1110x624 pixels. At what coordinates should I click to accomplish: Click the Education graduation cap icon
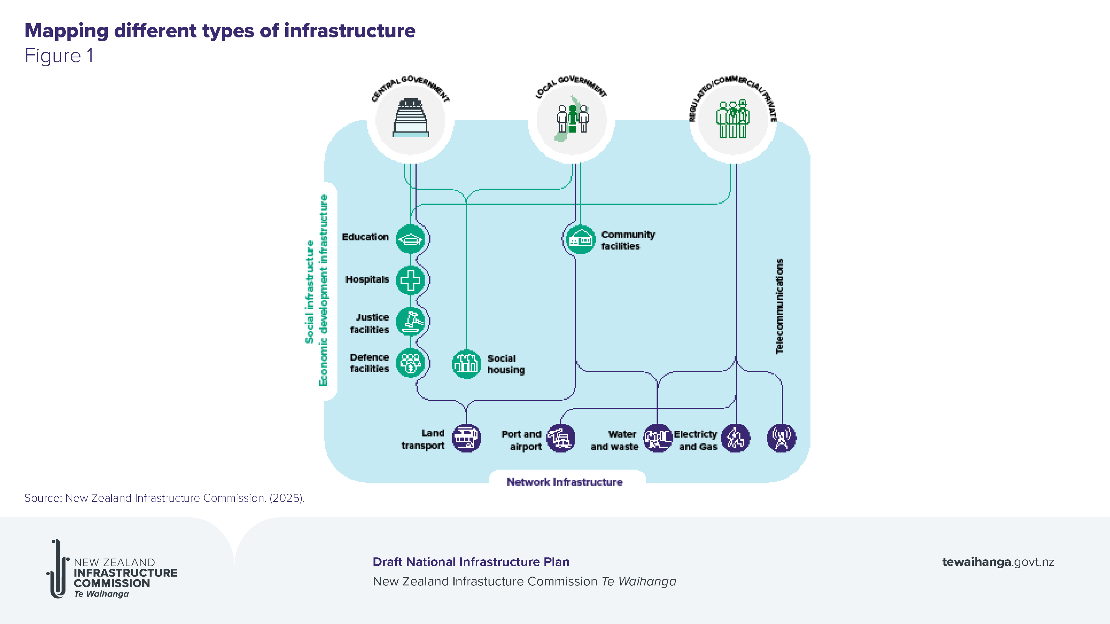[x=410, y=239]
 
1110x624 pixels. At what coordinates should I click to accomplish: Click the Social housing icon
[x=466, y=364]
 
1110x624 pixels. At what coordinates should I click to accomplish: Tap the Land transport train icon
[x=466, y=438]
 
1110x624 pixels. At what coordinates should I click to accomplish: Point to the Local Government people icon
[x=572, y=119]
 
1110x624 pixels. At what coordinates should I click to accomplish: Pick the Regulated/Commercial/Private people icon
[x=733, y=119]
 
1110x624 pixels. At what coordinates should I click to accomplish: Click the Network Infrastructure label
[x=564, y=482]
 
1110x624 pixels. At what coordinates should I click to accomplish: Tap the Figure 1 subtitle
[x=59, y=56]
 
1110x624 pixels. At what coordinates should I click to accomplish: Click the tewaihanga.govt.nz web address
[x=998, y=562]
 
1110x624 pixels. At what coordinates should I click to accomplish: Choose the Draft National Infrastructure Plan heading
[x=471, y=562]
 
